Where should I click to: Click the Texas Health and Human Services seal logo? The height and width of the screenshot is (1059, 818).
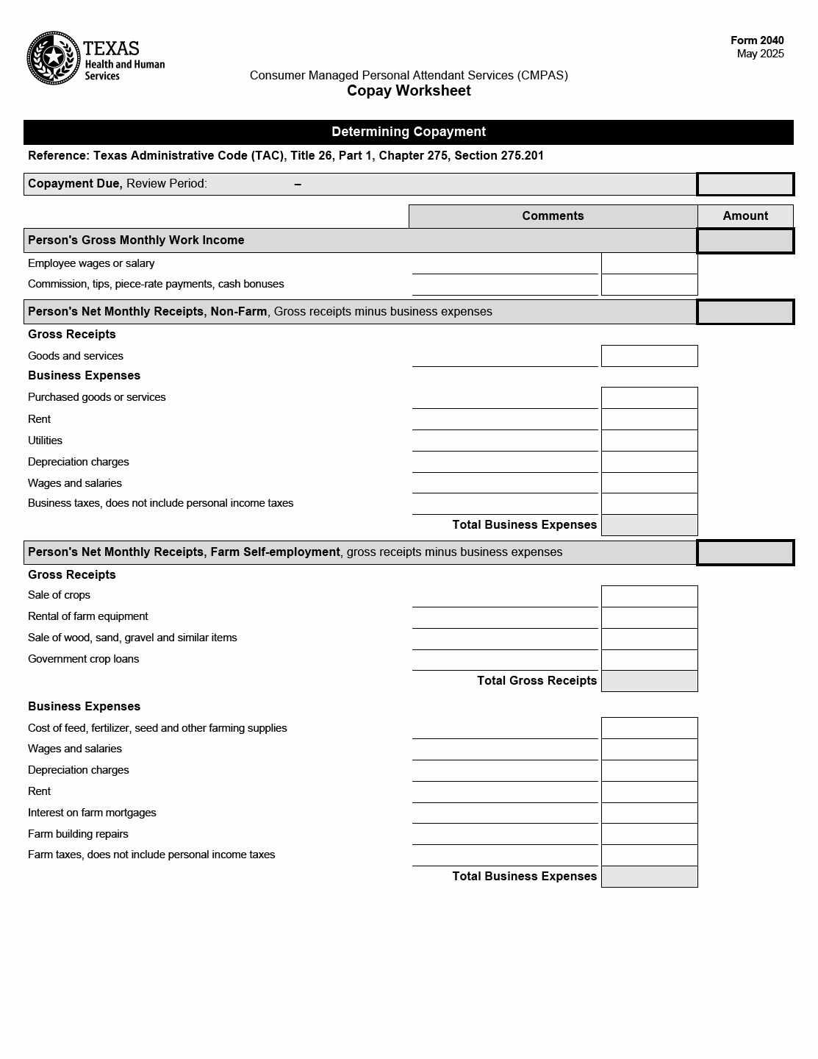click(x=54, y=57)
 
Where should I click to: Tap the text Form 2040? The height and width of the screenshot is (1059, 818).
click(x=757, y=40)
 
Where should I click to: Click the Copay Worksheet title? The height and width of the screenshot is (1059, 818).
click(x=409, y=90)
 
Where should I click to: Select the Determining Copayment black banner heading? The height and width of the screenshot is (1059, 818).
click(x=409, y=132)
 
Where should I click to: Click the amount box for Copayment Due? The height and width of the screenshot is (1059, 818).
click(x=745, y=184)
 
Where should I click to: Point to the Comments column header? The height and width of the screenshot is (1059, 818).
click(x=553, y=216)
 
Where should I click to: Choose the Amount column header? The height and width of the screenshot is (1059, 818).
click(x=745, y=216)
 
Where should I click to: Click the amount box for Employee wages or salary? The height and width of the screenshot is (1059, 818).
click(x=649, y=263)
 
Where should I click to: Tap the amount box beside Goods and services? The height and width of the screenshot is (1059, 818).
click(x=649, y=356)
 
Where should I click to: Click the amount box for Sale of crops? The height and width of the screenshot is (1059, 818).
click(x=649, y=596)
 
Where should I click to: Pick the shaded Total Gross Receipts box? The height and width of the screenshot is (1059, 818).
click(x=649, y=681)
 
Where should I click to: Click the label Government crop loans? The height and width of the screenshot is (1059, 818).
click(x=84, y=659)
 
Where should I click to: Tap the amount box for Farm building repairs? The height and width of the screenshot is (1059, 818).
click(x=649, y=834)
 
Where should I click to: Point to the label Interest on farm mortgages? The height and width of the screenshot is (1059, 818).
click(x=92, y=813)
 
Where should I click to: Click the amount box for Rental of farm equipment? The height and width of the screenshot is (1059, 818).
click(x=649, y=617)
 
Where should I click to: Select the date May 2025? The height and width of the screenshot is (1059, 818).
click(x=760, y=54)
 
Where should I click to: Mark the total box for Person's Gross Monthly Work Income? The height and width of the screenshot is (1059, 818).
click(x=745, y=240)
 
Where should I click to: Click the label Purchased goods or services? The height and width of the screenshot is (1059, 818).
click(x=97, y=397)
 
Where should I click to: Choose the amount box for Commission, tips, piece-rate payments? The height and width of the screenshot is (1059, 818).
click(x=649, y=285)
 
